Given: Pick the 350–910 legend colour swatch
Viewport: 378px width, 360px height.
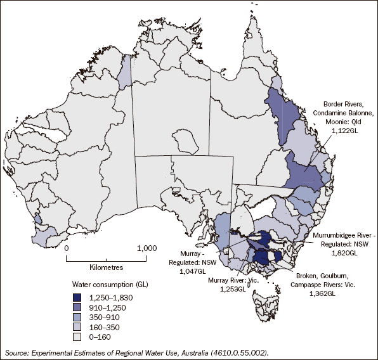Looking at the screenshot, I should pos(78,318).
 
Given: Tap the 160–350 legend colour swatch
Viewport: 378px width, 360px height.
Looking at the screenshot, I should pos(78,328).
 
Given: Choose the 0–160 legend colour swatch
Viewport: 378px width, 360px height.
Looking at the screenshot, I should pos(78,338).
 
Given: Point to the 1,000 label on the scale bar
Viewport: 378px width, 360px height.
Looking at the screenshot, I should pos(147,249).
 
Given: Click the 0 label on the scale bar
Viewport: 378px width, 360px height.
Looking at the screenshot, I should pos(67,249).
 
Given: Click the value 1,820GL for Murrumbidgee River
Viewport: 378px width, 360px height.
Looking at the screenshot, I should pos(343,252).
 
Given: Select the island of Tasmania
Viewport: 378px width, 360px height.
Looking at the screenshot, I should pos(268,307).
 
